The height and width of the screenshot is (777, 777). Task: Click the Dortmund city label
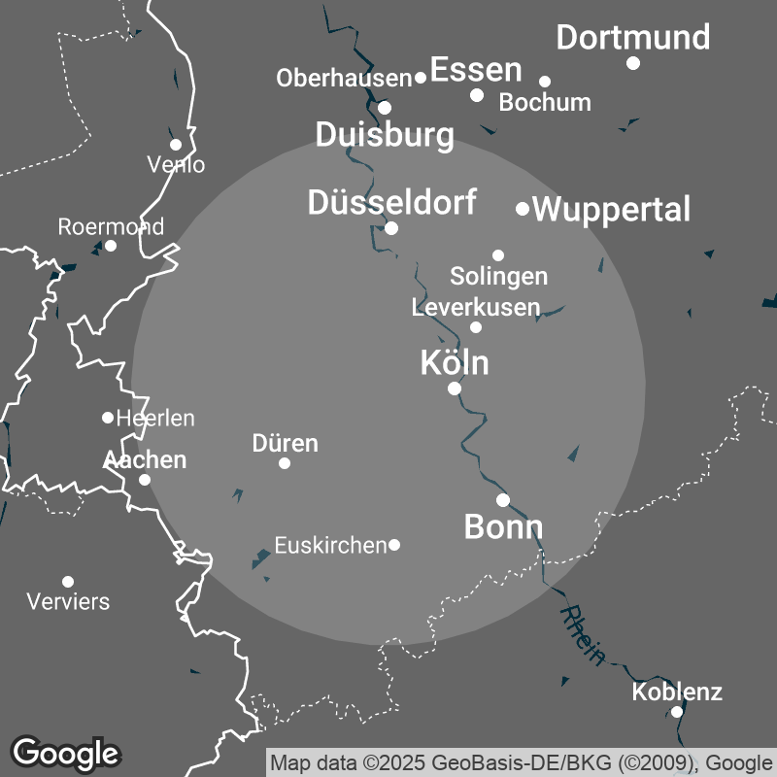pyautogui.click(x=632, y=38)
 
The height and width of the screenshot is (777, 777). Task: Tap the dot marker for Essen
pyautogui.click(x=477, y=94)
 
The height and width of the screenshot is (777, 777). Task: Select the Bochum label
pyautogui.click(x=545, y=102)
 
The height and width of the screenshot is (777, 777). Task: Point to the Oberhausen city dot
pyautogui.click(x=421, y=78)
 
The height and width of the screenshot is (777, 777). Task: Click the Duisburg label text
pyautogui.click(x=385, y=135)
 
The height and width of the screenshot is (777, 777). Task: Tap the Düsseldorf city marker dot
pyautogui.click(x=391, y=228)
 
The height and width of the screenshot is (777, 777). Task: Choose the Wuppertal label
pyautogui.click(x=612, y=209)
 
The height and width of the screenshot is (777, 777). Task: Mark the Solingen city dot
pyautogui.click(x=498, y=255)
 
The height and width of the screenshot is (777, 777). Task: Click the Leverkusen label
pyautogui.click(x=476, y=308)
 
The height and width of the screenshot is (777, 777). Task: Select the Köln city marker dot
pyautogui.click(x=454, y=388)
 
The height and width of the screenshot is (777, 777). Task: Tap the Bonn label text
pyautogui.click(x=503, y=527)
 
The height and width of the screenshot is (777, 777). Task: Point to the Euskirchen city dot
pyautogui.click(x=394, y=545)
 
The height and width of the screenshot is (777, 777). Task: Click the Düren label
pyautogui.click(x=285, y=444)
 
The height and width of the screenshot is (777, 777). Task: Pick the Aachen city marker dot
pyautogui.click(x=145, y=480)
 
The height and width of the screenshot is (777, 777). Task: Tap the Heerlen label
pyautogui.click(x=155, y=419)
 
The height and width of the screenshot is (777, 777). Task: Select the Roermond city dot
pyautogui.click(x=111, y=246)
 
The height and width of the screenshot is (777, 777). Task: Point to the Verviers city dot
pyautogui.click(x=68, y=582)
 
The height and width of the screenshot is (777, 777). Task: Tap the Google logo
pyautogui.click(x=66, y=753)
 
